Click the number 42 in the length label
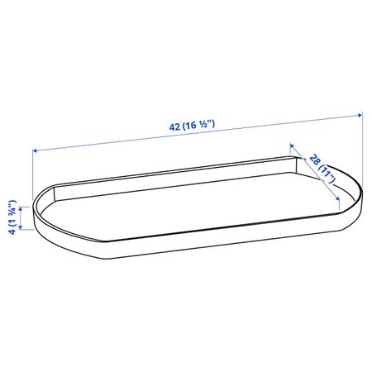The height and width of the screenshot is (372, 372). click(174, 127)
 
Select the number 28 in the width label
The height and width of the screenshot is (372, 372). click(314, 160)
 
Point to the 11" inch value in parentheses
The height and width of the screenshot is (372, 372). click(328, 174)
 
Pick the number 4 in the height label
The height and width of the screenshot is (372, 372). click(12, 231)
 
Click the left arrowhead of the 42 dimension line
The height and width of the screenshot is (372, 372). click(35, 150)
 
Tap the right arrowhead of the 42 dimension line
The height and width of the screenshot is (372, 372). click(360, 115)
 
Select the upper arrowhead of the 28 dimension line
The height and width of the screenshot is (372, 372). click(292, 145)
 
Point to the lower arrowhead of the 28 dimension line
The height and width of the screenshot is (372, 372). click(337, 198)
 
